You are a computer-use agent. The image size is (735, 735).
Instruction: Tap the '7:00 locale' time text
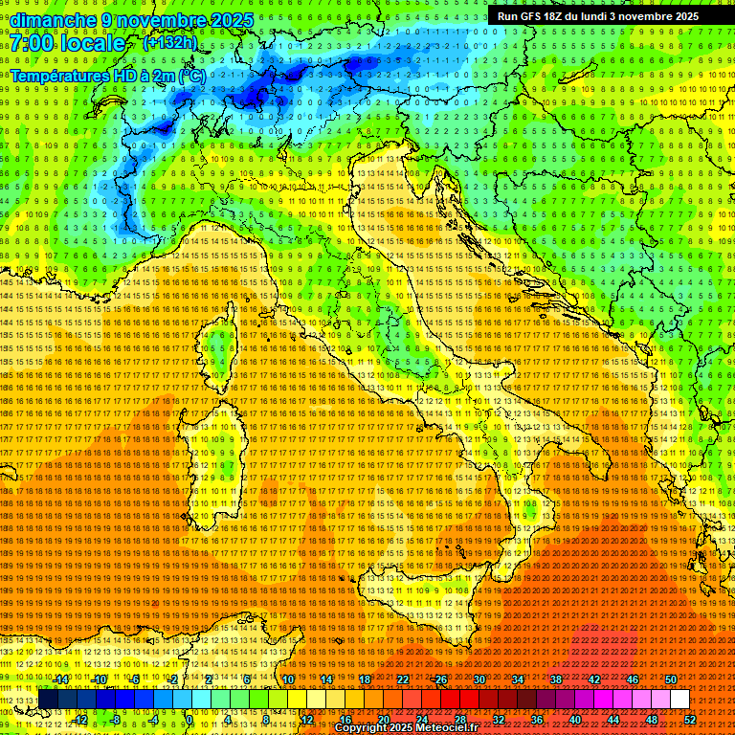(68, 44)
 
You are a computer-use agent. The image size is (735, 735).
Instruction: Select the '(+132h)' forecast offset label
(170, 42)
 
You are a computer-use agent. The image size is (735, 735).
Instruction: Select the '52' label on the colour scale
(689, 720)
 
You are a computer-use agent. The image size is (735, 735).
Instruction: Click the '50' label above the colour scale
(671, 679)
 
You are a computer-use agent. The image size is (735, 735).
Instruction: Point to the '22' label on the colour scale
(403, 679)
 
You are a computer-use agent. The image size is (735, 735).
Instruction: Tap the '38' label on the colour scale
(556, 679)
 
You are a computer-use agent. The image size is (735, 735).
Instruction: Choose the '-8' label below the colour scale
(115, 720)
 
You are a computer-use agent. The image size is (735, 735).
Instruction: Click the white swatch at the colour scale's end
(679, 700)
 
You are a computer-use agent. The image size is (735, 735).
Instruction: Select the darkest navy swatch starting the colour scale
(48, 700)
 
